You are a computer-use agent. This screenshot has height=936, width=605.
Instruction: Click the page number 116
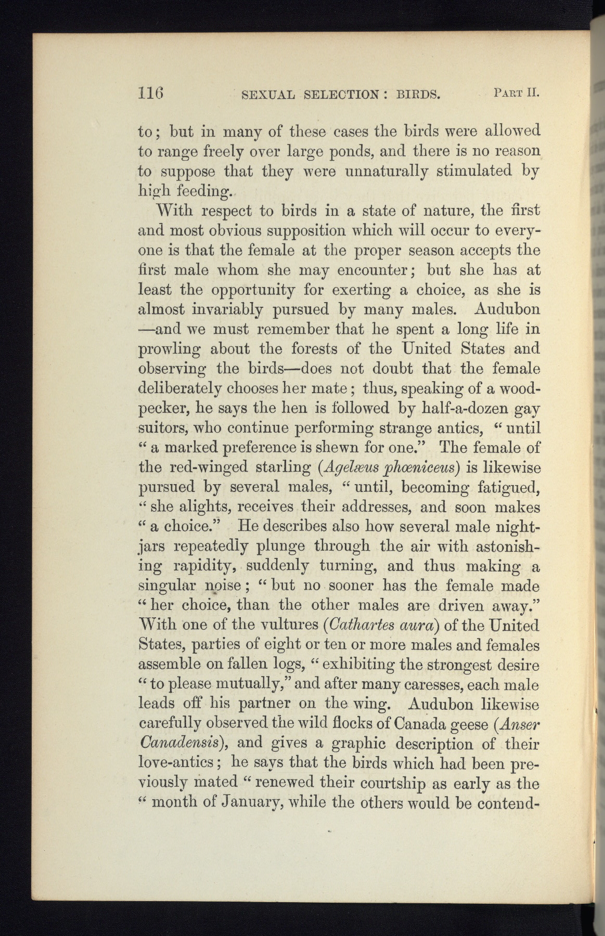151,94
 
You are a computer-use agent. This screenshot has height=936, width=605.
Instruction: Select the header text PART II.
516,94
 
